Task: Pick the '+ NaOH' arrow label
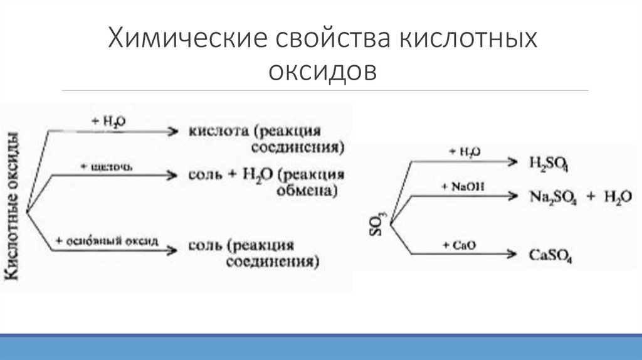pos(463,186)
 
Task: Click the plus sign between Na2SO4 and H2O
pos(591,196)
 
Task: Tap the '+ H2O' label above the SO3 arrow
pos(465,152)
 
